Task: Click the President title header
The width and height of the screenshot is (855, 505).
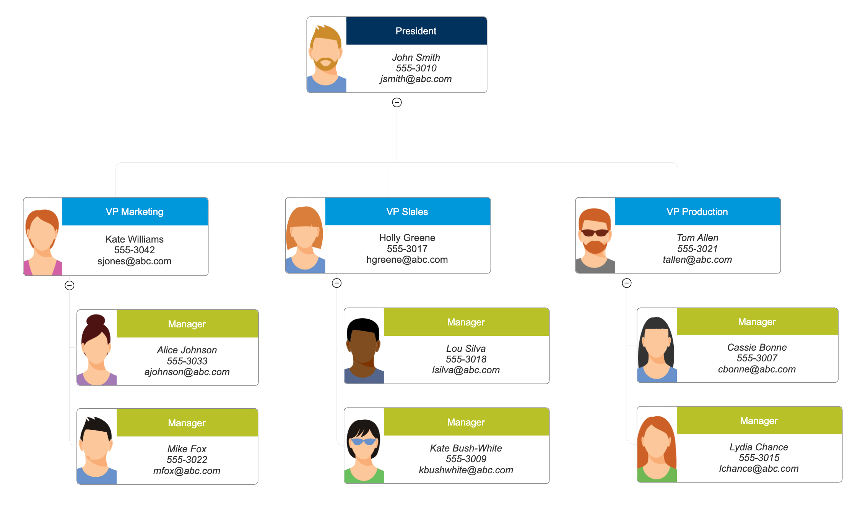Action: coord(416,31)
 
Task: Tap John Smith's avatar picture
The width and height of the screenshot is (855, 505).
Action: coord(327,55)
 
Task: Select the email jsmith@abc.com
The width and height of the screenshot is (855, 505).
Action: coord(416,79)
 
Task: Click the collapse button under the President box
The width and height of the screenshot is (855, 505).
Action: coord(397,102)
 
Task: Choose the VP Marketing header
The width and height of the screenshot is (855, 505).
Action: coord(135,212)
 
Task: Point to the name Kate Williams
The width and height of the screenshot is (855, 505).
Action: coord(135,240)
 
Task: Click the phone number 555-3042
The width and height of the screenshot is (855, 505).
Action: coord(135,250)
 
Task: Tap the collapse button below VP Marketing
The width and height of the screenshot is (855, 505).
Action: coord(69,285)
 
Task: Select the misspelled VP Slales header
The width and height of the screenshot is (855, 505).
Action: coord(408,212)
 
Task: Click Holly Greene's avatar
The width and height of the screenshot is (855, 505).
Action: coord(305,235)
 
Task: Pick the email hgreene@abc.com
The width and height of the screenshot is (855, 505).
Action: coord(407,260)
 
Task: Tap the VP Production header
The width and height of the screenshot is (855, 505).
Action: coord(698,212)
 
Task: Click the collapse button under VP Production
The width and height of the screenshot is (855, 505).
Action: coord(627,283)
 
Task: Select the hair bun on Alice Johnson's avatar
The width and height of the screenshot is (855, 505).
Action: coord(96,320)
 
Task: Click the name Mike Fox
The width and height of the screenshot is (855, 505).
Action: coord(187,449)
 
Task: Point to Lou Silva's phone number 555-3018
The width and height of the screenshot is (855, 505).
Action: coord(466,359)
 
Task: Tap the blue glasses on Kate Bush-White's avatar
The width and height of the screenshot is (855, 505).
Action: coord(363,442)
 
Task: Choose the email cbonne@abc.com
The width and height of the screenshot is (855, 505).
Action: coord(757,369)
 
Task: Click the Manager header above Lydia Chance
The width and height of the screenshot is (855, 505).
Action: coord(759,421)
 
